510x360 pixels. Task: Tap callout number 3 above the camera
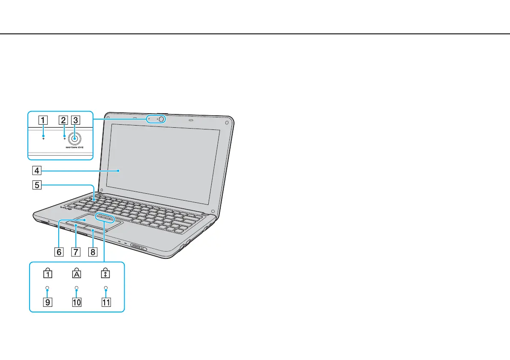pos(75,120)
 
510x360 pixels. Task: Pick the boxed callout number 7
pos(75,252)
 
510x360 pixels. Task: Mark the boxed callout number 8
pos(92,252)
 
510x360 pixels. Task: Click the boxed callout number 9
pos(48,302)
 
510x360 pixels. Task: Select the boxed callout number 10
pos(76,302)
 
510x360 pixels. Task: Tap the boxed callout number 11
pos(105,302)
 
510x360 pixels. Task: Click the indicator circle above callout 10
pos(76,288)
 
